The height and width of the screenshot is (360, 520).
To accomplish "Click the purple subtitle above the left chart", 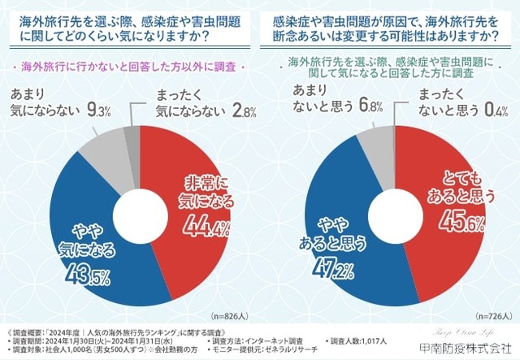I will (130, 64).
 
